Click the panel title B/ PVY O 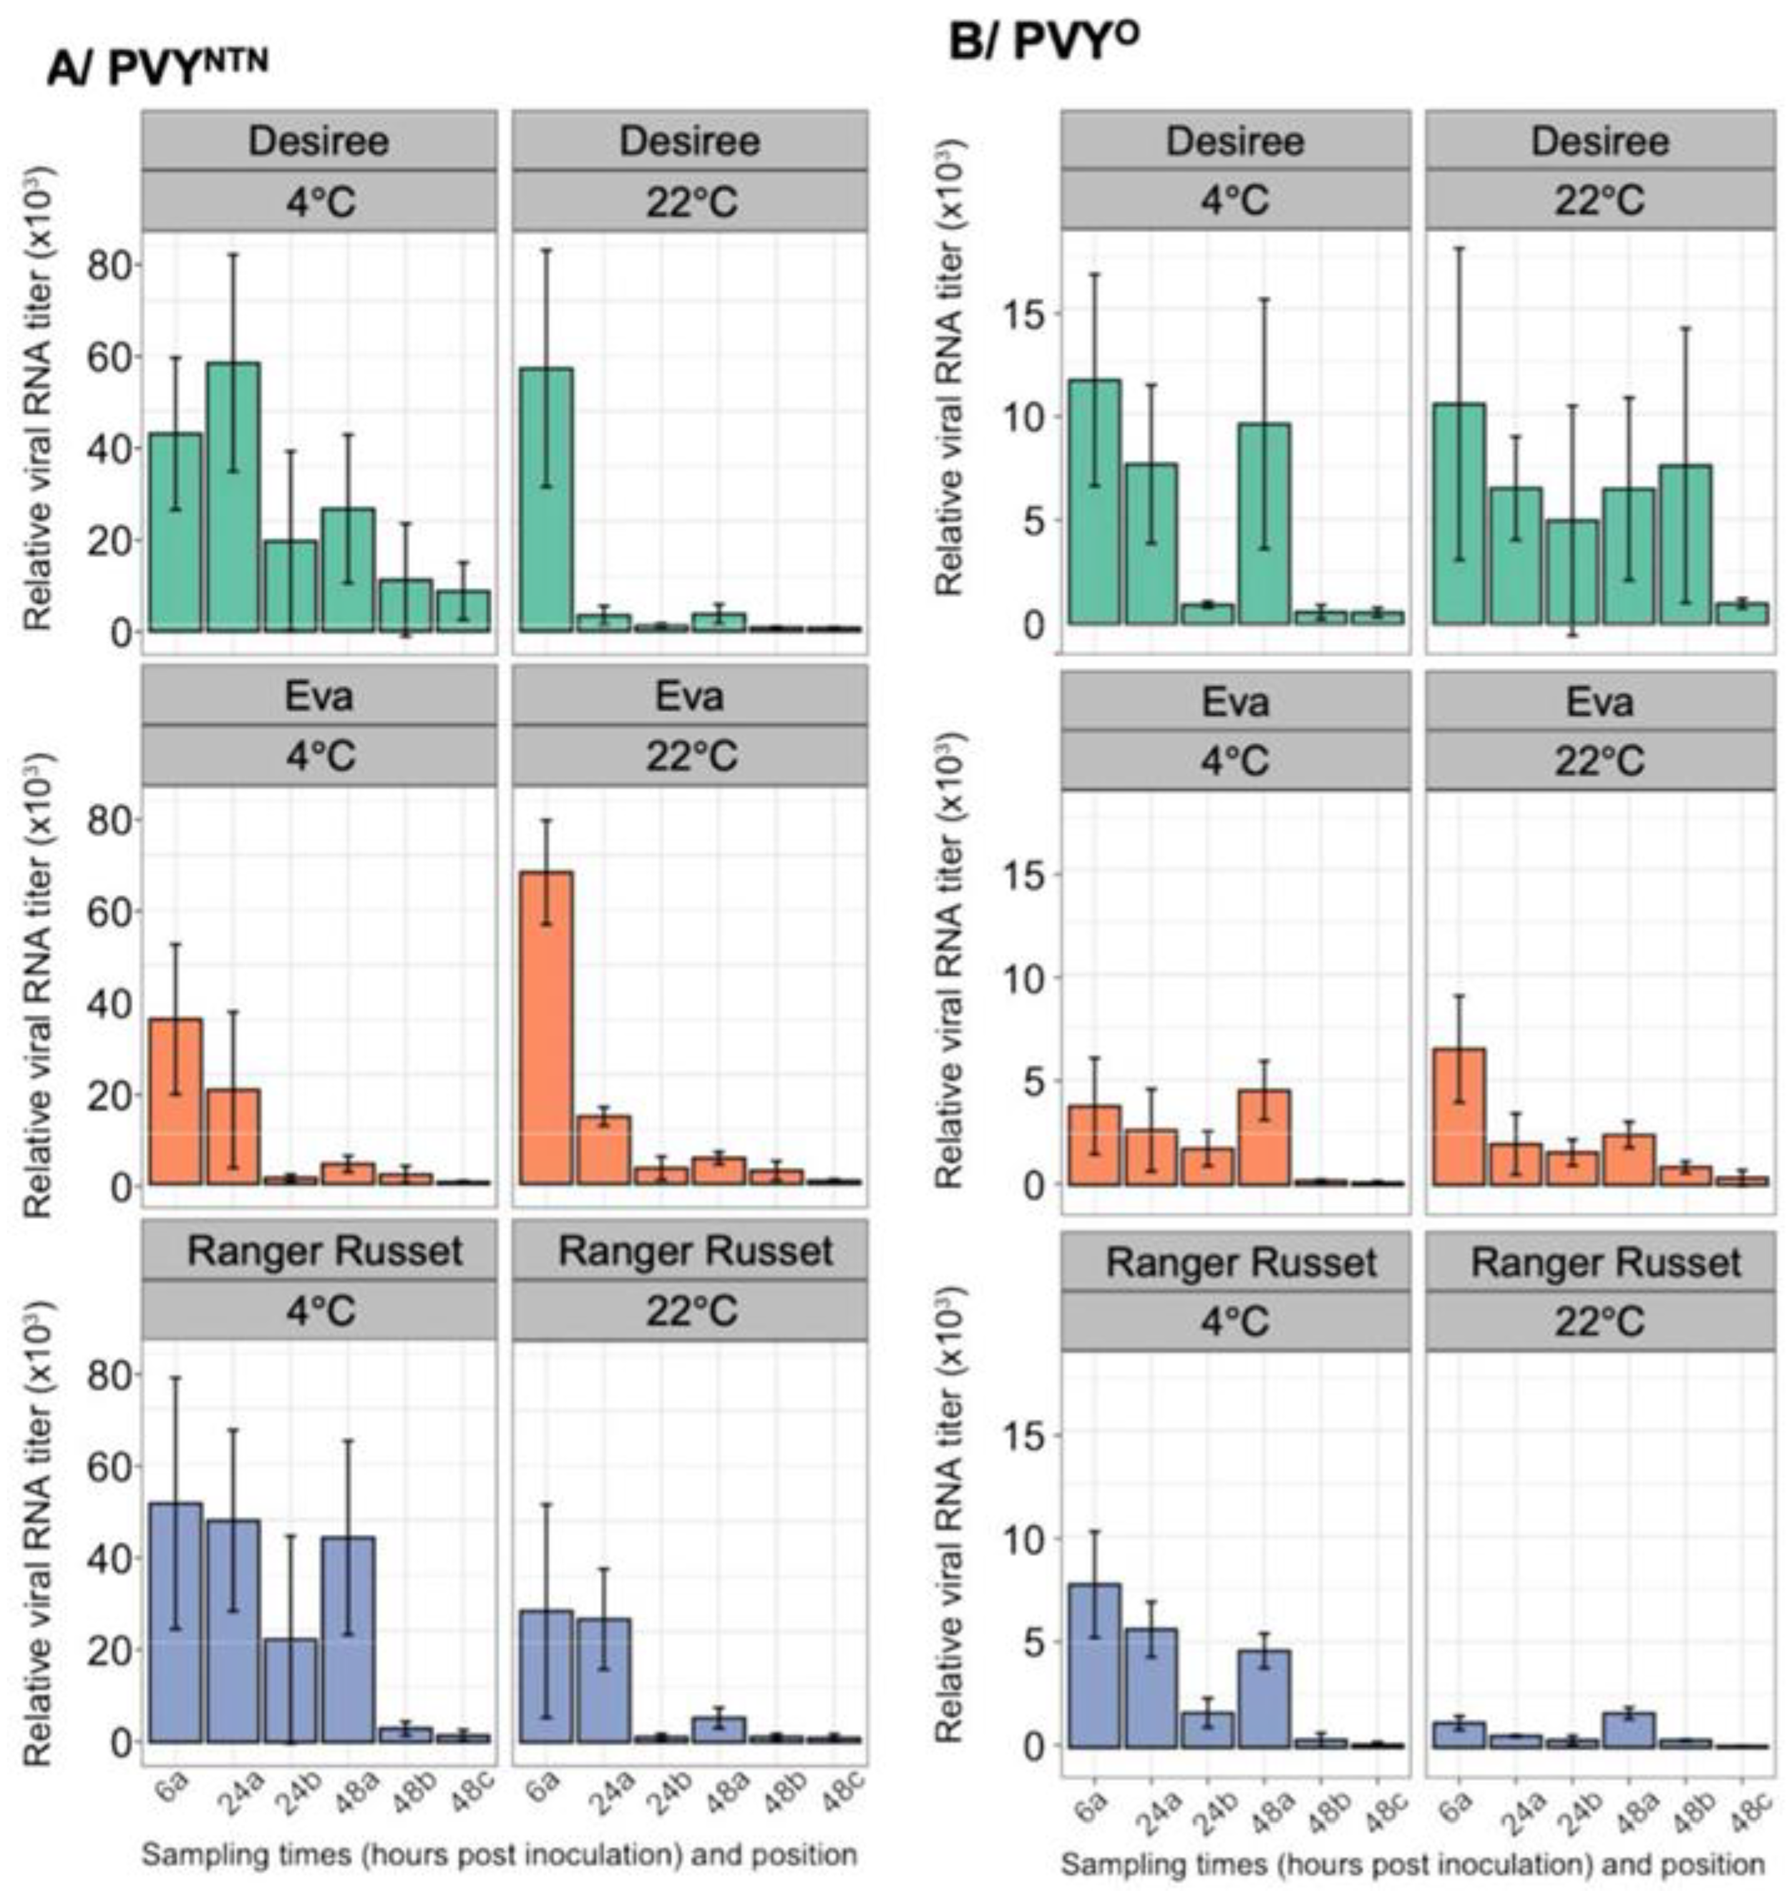click(1044, 43)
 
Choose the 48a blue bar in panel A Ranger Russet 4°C click(349, 1639)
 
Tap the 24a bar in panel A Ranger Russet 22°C click(603, 1679)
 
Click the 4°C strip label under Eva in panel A click(320, 756)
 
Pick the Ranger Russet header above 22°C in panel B click(1605, 1262)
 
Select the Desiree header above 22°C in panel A click(689, 141)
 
